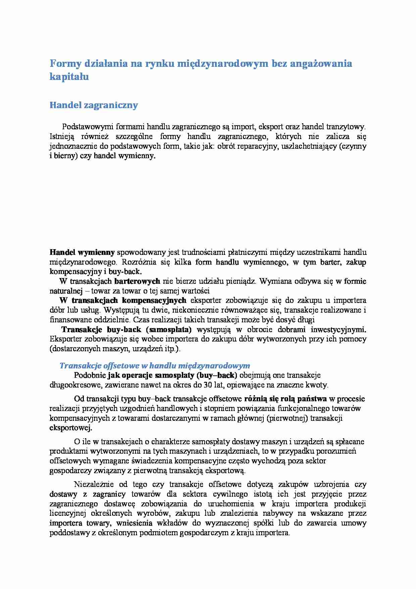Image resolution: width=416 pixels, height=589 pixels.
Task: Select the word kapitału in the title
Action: [x=69, y=77]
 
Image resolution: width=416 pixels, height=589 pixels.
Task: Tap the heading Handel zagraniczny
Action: [x=94, y=105]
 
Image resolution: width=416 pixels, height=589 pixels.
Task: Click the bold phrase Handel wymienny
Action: [x=82, y=252]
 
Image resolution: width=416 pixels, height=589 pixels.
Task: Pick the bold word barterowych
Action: [x=137, y=281]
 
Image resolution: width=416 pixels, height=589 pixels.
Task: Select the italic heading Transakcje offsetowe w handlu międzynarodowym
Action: [x=155, y=365]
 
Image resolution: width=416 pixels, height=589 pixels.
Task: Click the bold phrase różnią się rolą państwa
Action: [x=285, y=399]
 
